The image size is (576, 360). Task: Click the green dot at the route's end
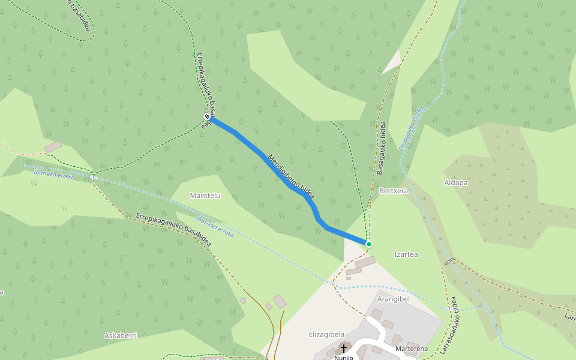click(x=369, y=244)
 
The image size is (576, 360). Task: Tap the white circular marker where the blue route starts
click(x=207, y=116)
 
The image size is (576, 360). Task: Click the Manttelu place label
click(x=205, y=196)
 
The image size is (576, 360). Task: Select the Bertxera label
click(x=394, y=190)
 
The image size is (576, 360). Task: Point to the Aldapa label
click(x=455, y=182)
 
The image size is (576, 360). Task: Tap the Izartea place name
click(x=406, y=254)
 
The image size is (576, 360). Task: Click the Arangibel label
click(x=393, y=298)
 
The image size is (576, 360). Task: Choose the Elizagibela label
click(x=326, y=334)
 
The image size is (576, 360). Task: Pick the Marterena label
click(x=412, y=349)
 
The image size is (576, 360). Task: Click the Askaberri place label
click(x=121, y=335)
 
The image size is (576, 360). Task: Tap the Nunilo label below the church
click(x=344, y=357)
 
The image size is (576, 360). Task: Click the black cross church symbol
click(x=344, y=348)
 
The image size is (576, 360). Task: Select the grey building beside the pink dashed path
click(x=53, y=146)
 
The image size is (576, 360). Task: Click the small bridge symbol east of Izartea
click(x=449, y=261)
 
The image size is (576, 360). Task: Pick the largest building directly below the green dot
click(x=365, y=262)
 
